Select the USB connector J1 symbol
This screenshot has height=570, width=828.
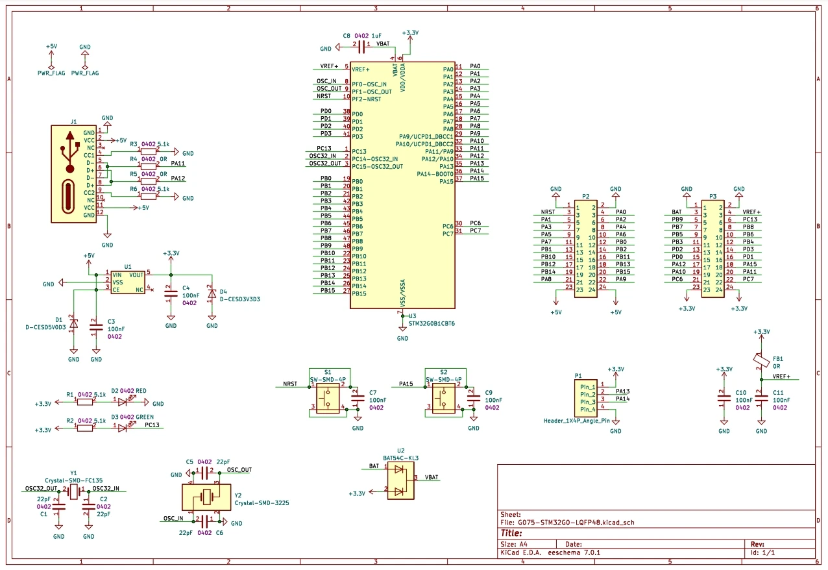74,174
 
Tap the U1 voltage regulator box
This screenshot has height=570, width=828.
127,282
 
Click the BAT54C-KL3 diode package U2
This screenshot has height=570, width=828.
400,481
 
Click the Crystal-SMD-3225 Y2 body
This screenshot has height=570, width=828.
207,497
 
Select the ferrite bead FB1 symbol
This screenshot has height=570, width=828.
758,359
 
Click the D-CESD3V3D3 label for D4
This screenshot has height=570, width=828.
240,299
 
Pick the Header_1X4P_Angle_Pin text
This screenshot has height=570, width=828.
577,421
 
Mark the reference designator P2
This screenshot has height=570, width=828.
585,196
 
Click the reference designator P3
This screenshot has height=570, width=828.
712,196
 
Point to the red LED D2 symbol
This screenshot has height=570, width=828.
122,403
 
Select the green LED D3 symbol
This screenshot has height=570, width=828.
122,427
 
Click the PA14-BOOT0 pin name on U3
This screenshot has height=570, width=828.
435,174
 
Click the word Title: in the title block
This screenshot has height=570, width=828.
511,533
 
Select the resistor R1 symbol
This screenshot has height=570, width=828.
84,403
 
